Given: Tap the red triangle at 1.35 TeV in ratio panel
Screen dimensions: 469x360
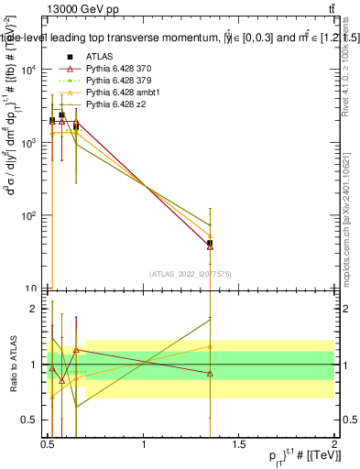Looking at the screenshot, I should click(211, 373).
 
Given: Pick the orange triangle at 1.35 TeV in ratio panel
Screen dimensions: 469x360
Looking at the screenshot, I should click(211, 346).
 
